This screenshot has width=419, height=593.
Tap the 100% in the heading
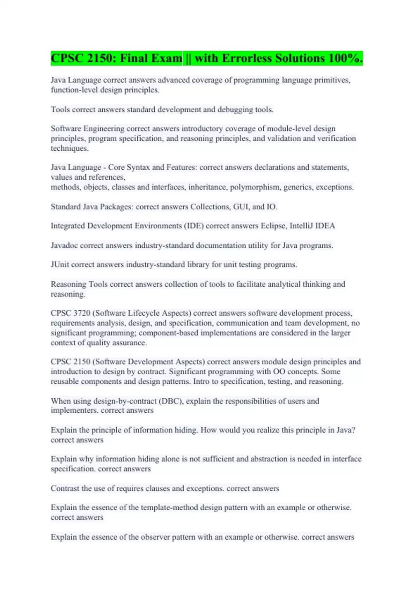coord(345,58)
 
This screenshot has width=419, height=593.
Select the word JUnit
coord(60,264)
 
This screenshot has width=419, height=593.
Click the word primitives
coord(332,80)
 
